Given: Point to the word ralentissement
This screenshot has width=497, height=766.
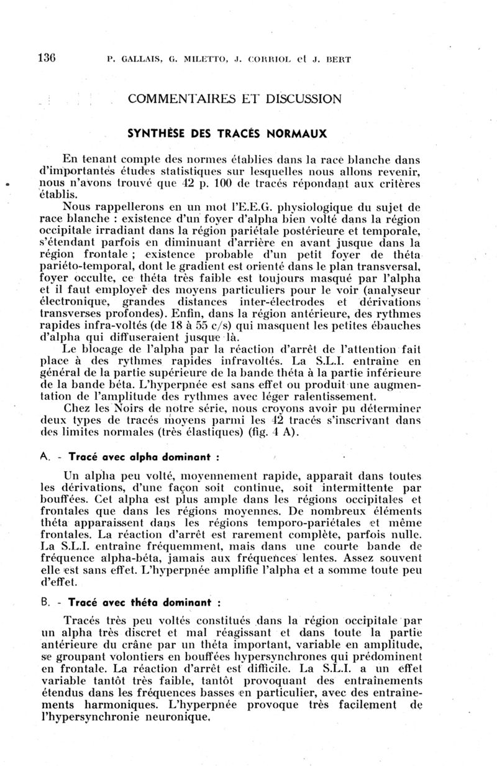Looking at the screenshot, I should [332, 397].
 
